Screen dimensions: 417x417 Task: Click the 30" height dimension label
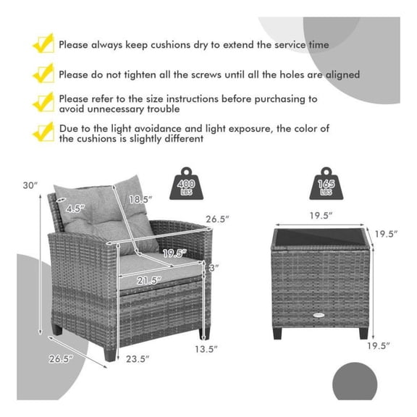28,185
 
